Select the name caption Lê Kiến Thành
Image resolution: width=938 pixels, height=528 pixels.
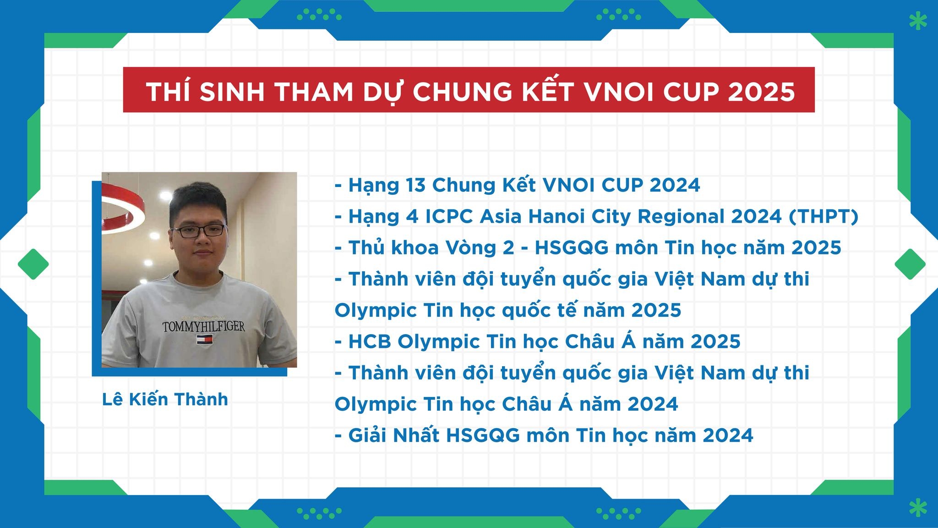coord(165,399)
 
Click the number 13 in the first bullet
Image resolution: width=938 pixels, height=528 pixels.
coord(415,185)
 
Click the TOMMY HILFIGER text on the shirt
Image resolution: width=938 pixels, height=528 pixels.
coord(204,327)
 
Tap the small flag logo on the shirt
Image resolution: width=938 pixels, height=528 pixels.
coord(204,340)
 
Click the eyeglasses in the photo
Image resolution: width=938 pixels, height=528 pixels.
coord(198,231)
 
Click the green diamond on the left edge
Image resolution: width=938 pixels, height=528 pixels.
coord(33,264)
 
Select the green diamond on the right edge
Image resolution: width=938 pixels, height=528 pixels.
coord(910,264)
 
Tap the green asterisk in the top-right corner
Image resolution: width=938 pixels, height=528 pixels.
coord(917,21)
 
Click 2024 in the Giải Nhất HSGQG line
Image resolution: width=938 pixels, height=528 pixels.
coord(728,435)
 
